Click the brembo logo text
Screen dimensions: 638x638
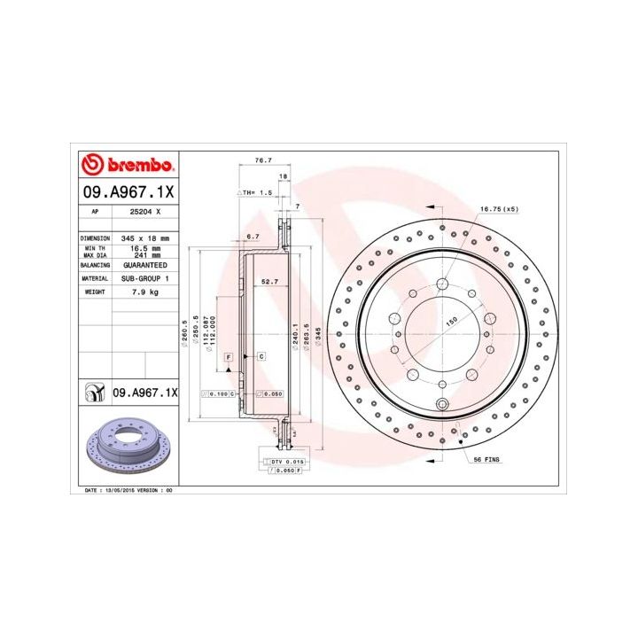135,166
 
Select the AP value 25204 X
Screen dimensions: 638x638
145,212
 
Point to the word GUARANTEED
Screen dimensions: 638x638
144,264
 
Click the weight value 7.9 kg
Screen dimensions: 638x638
144,291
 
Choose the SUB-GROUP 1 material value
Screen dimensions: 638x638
144,277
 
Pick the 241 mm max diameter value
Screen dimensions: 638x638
145,254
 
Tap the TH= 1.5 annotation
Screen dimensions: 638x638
256,192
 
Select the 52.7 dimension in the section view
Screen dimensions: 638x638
269,282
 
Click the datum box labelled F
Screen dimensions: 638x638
229,356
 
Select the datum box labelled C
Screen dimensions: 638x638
262,356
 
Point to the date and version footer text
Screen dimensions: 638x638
128,489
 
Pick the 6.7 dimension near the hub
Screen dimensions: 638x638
253,236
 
